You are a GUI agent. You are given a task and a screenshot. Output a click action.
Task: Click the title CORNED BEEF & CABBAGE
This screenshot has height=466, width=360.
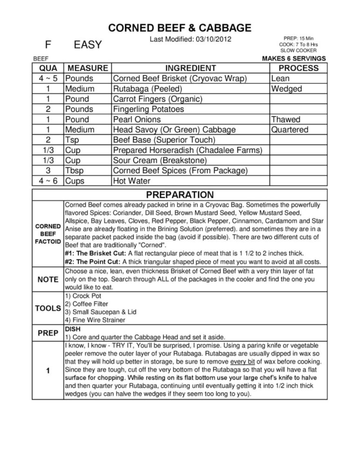click(x=180, y=28)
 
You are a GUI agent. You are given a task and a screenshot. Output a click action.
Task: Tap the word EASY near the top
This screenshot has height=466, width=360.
click(x=87, y=45)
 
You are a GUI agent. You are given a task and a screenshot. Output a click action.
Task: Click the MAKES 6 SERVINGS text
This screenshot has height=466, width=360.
click(x=294, y=58)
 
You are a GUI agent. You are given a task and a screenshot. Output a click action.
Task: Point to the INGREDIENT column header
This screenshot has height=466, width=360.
click(x=191, y=68)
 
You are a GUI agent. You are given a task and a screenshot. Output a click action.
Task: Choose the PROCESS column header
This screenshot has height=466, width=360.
click(x=298, y=68)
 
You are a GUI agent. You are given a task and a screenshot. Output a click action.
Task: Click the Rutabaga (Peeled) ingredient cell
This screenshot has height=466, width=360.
click(x=148, y=89)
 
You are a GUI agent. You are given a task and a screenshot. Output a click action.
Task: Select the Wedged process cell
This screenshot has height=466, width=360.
click(x=286, y=89)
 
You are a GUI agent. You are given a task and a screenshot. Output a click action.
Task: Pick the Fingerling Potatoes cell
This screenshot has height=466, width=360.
click(x=148, y=109)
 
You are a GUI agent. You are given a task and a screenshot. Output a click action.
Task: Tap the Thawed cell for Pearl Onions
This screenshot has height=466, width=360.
click(x=285, y=119)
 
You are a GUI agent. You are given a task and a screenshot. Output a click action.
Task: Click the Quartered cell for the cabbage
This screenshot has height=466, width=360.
click(x=290, y=130)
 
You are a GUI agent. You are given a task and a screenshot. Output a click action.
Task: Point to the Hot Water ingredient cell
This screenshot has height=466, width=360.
click(x=131, y=181)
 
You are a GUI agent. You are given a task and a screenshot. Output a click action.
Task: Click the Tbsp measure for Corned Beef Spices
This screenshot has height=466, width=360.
click(x=74, y=171)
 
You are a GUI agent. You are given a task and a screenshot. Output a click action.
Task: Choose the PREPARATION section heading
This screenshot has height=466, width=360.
click(x=180, y=195)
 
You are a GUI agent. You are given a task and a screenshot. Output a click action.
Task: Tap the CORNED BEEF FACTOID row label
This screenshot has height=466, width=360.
click(x=48, y=234)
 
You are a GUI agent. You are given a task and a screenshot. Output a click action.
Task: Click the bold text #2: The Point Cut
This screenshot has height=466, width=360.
click(x=93, y=262)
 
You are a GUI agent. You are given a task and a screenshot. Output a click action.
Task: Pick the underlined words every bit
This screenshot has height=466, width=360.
click(x=242, y=362)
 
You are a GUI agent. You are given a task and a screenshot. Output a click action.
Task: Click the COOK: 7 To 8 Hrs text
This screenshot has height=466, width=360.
click(x=298, y=45)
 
